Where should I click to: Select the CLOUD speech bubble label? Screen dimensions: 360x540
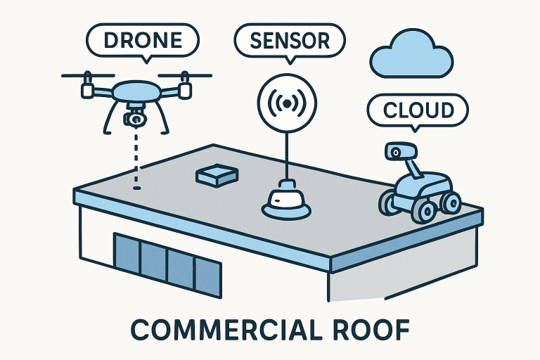point(417,110)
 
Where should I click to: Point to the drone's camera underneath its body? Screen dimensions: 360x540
point(136,117)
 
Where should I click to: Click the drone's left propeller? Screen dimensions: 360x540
point(87,76)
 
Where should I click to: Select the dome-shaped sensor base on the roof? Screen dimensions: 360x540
point(287,200)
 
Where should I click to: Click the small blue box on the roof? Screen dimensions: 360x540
point(216,175)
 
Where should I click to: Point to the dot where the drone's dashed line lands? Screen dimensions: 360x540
point(137,187)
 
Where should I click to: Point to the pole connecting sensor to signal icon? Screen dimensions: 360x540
point(285,151)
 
